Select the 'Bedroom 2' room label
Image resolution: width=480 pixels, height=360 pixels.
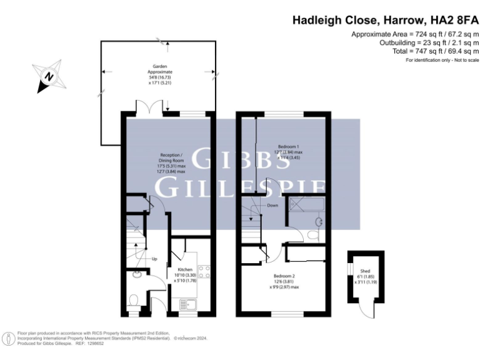pyautogui.click(x=284, y=276)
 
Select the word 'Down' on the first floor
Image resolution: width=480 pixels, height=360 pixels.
pyautogui.click(x=272, y=206)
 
